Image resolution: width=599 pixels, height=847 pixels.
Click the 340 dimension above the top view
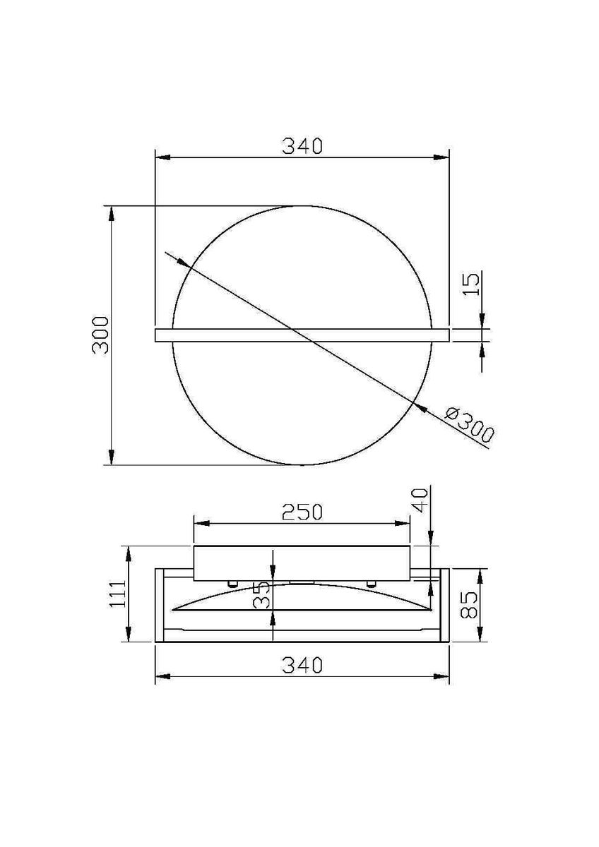(302, 146)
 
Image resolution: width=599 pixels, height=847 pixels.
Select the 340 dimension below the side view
(302, 665)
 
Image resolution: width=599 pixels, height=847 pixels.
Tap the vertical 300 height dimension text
(100, 335)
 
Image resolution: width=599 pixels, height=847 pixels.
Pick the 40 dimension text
(419, 500)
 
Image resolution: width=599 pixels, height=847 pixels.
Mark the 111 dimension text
(117, 594)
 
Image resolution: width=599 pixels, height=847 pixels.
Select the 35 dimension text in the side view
(262, 595)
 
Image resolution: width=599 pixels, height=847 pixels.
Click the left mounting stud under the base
(231, 583)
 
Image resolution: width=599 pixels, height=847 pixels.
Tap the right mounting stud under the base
(370, 583)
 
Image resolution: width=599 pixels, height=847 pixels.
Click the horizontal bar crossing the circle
(302, 335)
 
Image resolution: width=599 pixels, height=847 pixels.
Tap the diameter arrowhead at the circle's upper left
(182, 263)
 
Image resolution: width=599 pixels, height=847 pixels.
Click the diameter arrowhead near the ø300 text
(423, 409)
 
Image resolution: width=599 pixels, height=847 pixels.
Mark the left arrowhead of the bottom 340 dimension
(162, 678)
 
